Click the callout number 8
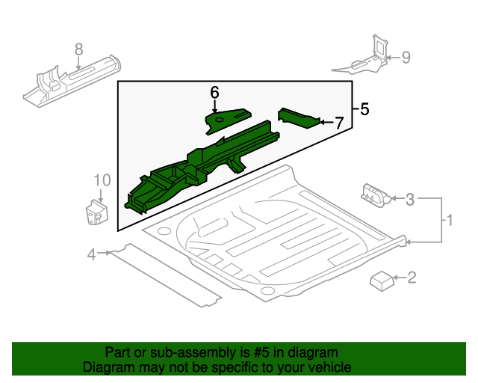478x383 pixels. pyautogui.click(x=78, y=49)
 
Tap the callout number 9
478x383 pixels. pyautogui.click(x=406, y=57)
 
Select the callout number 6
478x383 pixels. pyautogui.click(x=214, y=93)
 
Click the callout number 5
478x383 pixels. pyautogui.click(x=364, y=110)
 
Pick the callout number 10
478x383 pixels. pyautogui.click(x=102, y=180)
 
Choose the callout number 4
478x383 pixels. pyautogui.click(x=91, y=254)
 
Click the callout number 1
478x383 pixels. pyautogui.click(x=450, y=221)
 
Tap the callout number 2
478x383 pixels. pyautogui.click(x=411, y=278)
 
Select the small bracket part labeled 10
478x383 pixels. pyautogui.click(x=94, y=211)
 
